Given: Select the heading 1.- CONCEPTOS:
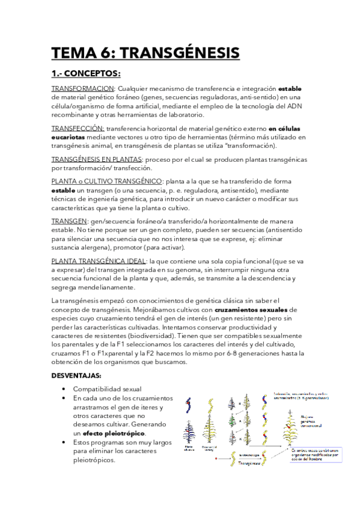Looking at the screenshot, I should (x=86, y=74).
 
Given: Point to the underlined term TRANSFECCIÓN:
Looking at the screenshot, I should (x=78, y=129).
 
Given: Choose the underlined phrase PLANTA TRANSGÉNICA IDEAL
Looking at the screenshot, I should (x=99, y=262).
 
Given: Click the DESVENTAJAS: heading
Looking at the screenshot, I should (x=76, y=376).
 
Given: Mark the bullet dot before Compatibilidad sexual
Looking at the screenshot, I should (x=64, y=389).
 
